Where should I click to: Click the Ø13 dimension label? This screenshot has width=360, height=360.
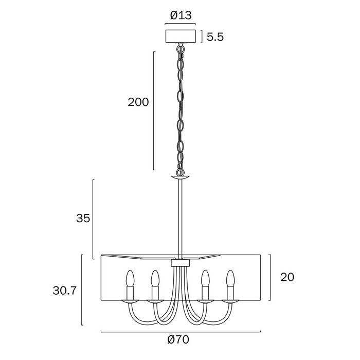(181, 15)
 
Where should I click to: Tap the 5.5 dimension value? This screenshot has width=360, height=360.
(215, 37)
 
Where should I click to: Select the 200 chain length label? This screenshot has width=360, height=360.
(138, 102)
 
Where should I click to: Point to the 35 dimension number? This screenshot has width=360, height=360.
(83, 218)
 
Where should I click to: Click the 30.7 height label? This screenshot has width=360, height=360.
(64, 291)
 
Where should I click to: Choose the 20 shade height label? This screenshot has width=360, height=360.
(287, 277)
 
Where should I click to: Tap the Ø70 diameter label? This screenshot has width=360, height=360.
(178, 339)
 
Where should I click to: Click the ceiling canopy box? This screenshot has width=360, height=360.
(180, 37)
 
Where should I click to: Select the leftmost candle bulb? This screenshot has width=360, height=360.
(130, 278)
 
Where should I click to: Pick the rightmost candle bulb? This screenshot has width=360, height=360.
(230, 278)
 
